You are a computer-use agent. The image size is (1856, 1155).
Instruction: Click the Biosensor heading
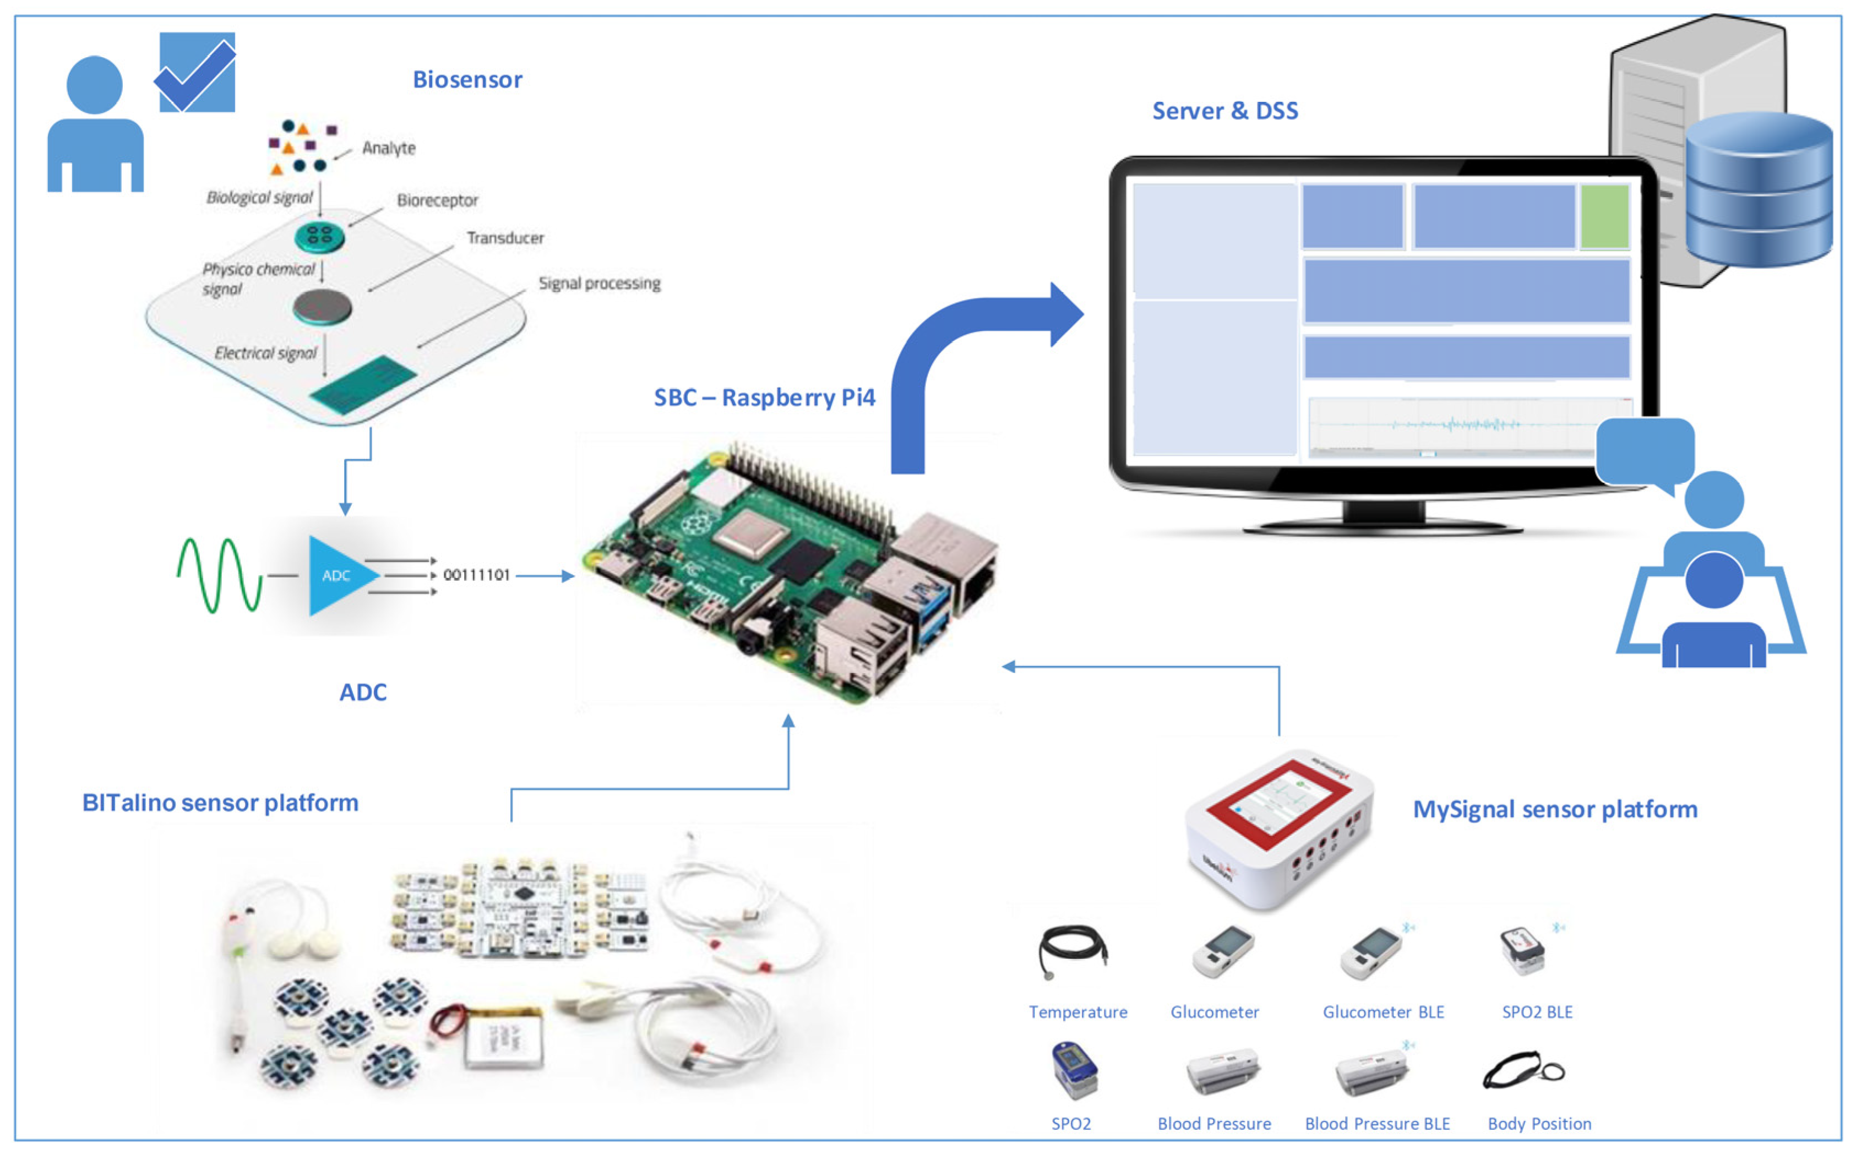(x=467, y=79)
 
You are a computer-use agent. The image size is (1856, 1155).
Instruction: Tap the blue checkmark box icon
(x=197, y=73)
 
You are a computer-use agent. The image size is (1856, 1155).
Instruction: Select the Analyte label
(x=388, y=148)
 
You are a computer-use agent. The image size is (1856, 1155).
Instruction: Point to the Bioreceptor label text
(x=437, y=200)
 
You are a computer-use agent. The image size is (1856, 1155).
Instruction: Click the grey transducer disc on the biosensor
(x=322, y=307)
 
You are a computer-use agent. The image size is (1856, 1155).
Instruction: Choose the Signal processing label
(x=599, y=284)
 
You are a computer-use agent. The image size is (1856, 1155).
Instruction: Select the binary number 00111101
(x=476, y=575)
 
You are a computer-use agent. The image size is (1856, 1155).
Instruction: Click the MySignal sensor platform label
(x=1554, y=809)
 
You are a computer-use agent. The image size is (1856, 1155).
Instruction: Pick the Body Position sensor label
(x=1538, y=1124)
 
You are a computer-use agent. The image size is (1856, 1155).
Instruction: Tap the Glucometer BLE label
(x=1383, y=1012)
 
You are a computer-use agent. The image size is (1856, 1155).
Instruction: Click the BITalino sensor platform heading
(x=220, y=803)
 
